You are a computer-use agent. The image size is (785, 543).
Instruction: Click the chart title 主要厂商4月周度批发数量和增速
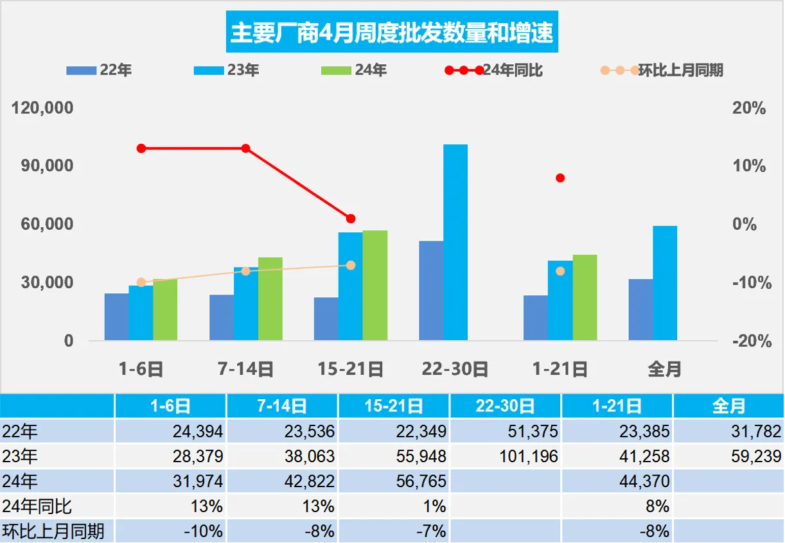tap(392, 32)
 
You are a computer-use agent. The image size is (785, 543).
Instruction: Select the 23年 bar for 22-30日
tap(455, 243)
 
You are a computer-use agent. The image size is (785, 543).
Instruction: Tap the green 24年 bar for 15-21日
tap(375, 285)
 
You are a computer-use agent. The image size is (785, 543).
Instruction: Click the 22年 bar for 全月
tap(640, 309)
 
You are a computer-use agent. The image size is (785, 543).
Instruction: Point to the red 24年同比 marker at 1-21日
tap(560, 178)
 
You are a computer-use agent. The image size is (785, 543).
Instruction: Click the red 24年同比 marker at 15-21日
tap(351, 219)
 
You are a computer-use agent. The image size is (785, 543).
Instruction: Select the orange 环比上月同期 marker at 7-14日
tap(245, 271)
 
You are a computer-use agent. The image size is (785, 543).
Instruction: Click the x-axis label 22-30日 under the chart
tap(455, 369)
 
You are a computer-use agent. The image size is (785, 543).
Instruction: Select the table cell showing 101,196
tap(506, 456)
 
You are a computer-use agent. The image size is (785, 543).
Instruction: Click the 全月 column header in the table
tap(728, 406)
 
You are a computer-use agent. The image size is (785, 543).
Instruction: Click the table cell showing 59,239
tap(728, 456)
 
